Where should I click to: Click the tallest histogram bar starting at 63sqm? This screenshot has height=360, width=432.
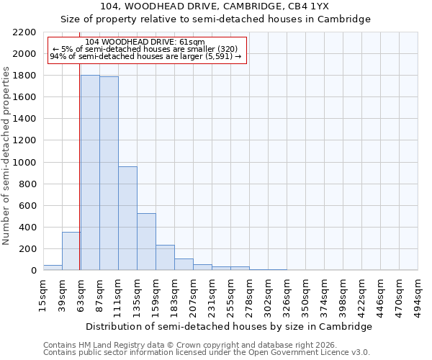click(x=90, y=173)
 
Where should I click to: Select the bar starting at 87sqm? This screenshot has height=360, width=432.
click(x=109, y=174)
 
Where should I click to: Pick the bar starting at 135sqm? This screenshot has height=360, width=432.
click(x=146, y=242)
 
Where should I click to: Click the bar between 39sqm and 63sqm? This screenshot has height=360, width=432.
click(x=71, y=251)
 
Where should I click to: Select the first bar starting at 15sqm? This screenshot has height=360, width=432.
click(x=53, y=268)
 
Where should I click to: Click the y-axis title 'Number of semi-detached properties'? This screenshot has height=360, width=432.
click(x=7, y=156)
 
